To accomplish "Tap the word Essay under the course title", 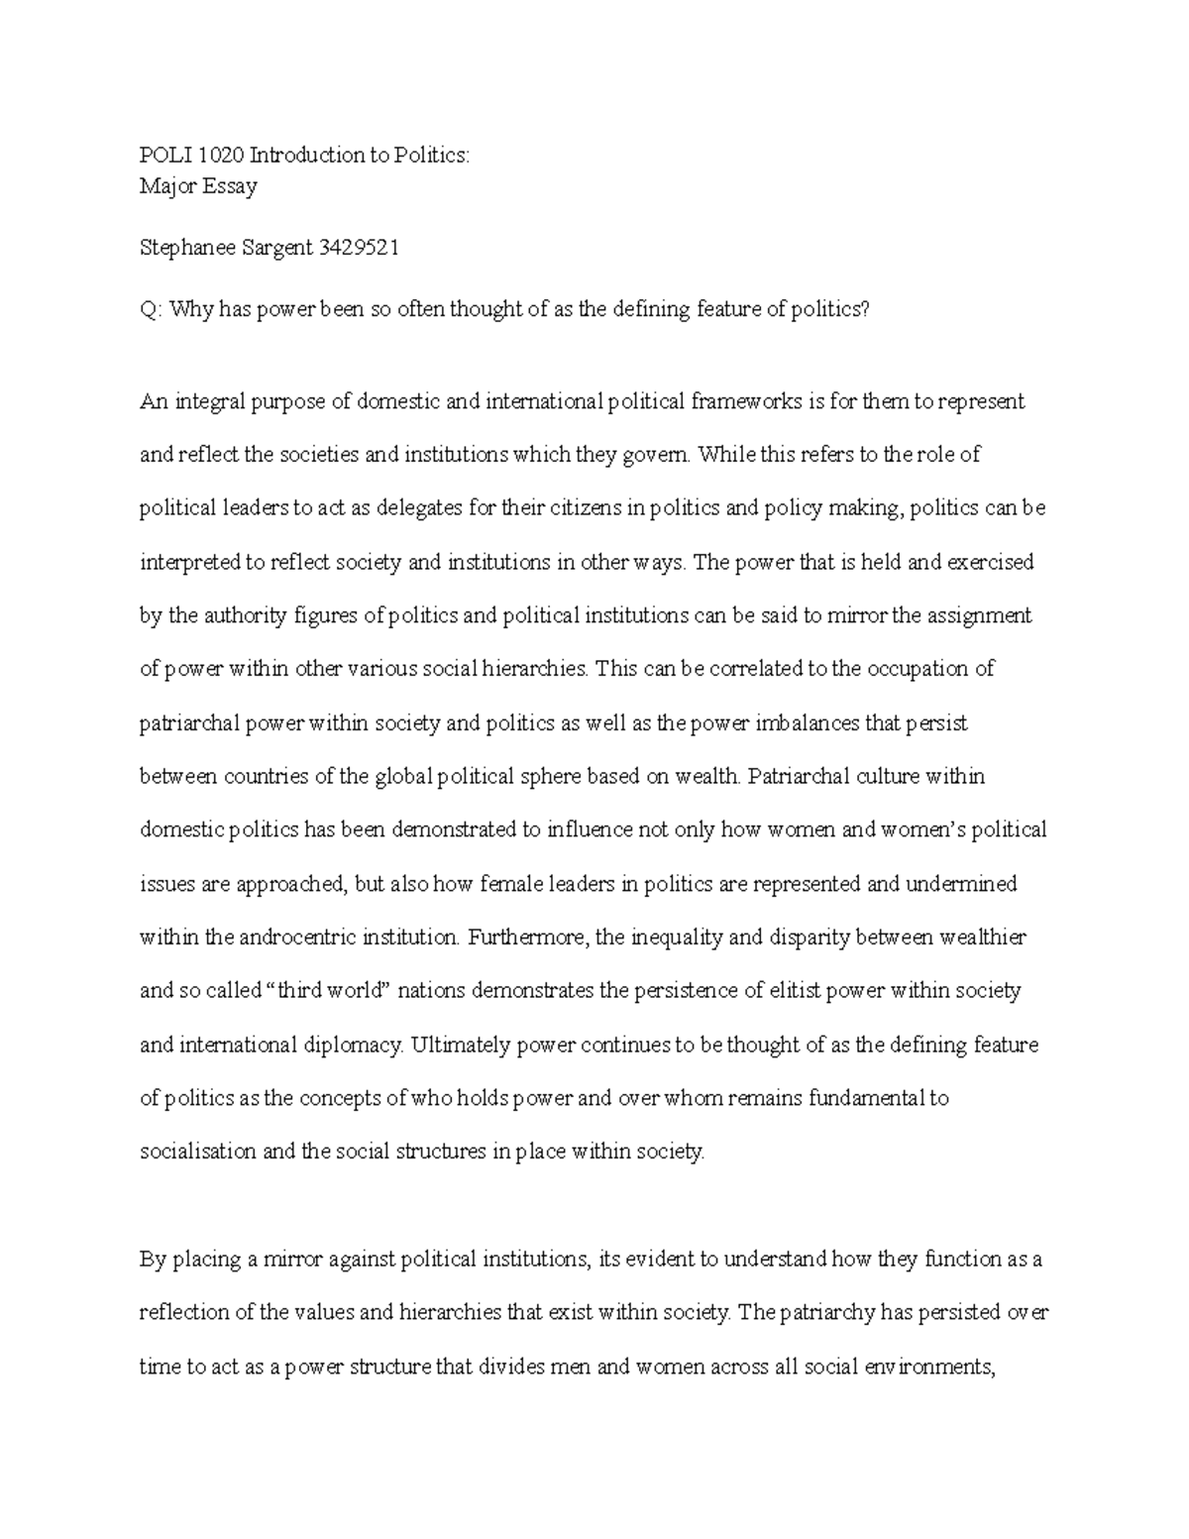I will pyautogui.click(x=231, y=186).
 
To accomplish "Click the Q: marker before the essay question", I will pyautogui.click(x=150, y=310).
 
